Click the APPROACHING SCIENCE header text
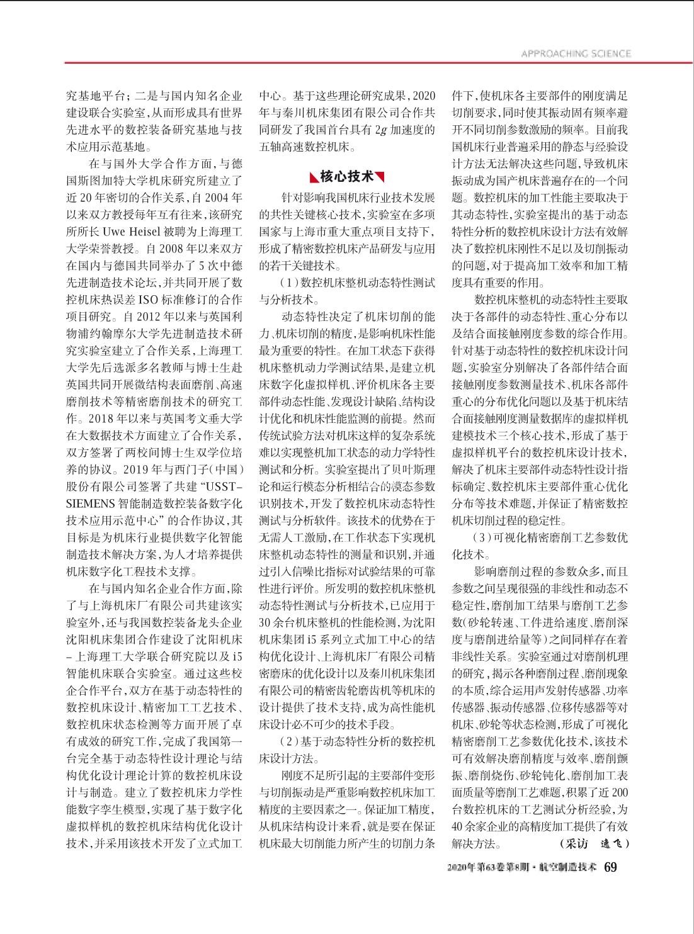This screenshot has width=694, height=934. (x=576, y=53)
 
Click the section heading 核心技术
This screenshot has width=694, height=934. (x=346, y=176)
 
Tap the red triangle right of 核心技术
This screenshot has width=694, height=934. (x=380, y=177)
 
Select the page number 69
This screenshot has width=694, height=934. (x=610, y=867)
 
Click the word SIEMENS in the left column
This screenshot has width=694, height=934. (x=90, y=504)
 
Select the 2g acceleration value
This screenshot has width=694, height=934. (x=381, y=130)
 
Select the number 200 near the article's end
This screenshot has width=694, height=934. (x=620, y=792)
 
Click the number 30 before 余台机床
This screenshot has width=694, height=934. (x=266, y=622)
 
